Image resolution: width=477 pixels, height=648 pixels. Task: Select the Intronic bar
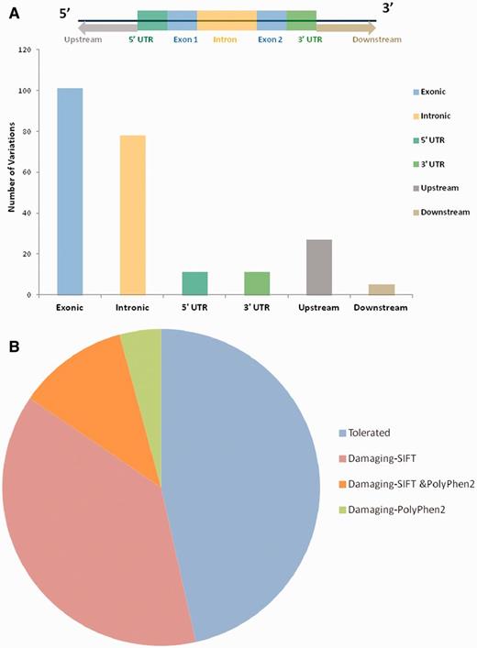tap(132, 214)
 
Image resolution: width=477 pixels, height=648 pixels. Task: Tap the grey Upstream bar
tap(318, 267)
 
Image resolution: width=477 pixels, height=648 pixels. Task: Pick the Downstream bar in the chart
tap(382, 290)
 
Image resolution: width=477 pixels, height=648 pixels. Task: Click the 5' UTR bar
tap(194, 283)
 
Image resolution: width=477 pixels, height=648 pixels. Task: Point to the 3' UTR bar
tap(256, 283)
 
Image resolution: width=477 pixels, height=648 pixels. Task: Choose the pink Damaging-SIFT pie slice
tap(101, 513)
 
